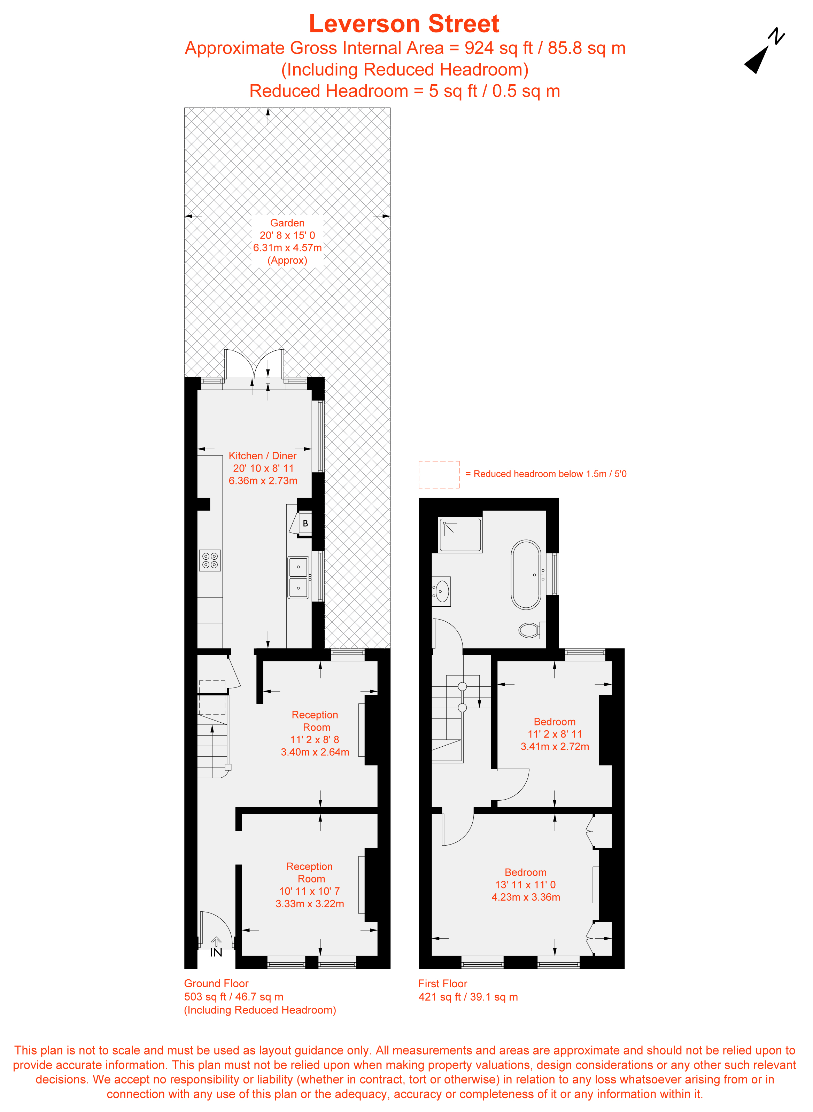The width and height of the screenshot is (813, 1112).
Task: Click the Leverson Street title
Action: click(x=404, y=24)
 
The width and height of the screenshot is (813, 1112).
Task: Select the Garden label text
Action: click(x=287, y=223)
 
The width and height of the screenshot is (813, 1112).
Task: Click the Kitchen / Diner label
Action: click(x=262, y=456)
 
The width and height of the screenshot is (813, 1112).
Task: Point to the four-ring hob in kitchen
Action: click(x=210, y=560)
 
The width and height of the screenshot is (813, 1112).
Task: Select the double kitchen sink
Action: click(x=298, y=577)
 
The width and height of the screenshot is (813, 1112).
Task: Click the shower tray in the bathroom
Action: click(x=460, y=535)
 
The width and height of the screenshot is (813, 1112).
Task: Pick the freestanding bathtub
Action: click(x=526, y=574)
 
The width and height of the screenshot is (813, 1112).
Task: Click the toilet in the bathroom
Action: click(x=531, y=630)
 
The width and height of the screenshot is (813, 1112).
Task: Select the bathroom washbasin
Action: click(x=441, y=591)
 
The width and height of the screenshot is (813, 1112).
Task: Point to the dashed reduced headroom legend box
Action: click(x=439, y=474)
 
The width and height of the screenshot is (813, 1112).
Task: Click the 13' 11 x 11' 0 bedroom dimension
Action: click(x=525, y=885)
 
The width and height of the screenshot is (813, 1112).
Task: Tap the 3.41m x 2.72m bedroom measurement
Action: click(x=555, y=746)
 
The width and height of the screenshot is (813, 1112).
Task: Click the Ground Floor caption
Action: click(x=216, y=983)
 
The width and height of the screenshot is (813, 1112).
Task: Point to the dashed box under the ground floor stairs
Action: click(x=212, y=697)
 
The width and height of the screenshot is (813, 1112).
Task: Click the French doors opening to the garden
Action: click(x=254, y=367)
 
